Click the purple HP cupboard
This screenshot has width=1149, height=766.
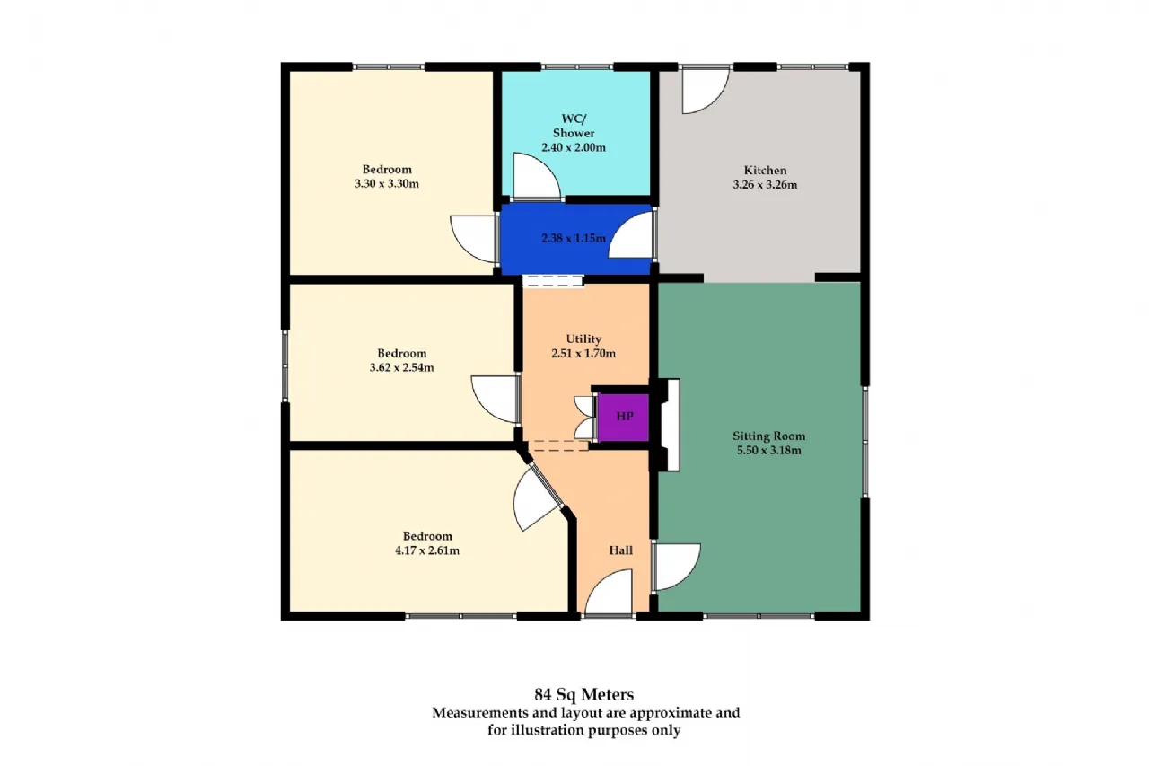pyautogui.click(x=623, y=417)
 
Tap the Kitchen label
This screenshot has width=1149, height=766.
pyautogui.click(x=765, y=171)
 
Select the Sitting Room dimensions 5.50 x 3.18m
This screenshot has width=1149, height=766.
pyautogui.click(x=769, y=451)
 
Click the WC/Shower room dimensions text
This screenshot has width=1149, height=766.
pyautogui.click(x=574, y=148)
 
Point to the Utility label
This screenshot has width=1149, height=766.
pyautogui.click(x=583, y=339)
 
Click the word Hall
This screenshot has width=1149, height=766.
pyautogui.click(x=620, y=550)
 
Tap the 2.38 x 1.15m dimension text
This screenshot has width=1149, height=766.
pyautogui.click(x=574, y=239)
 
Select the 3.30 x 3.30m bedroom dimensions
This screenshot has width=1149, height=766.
pyautogui.click(x=387, y=184)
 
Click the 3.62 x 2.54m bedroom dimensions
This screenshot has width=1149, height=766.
pyautogui.click(x=401, y=368)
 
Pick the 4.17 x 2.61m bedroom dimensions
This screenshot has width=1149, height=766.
pyautogui.click(x=427, y=551)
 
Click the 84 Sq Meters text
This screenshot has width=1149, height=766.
pyautogui.click(x=583, y=695)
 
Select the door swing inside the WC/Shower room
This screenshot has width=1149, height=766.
pyautogui.click(x=536, y=175)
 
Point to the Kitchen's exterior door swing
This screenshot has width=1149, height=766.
pyautogui.click(x=706, y=92)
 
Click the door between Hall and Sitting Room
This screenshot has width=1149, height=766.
pyautogui.click(x=677, y=567)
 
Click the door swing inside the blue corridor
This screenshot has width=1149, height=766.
pyautogui.click(x=631, y=234)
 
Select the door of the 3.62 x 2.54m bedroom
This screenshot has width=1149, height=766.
pyautogui.click(x=495, y=399)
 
